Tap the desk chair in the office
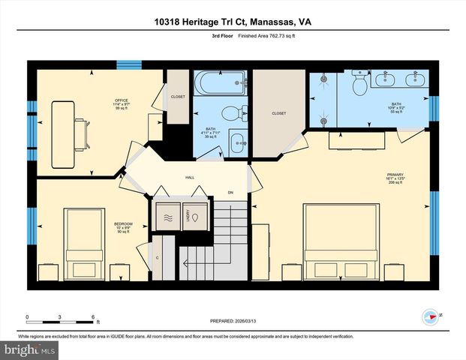[x=80, y=136]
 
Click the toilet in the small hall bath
[x=239, y=114]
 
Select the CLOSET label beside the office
[x=177, y=97]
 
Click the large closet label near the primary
[x=278, y=113]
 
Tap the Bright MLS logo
[x=30, y=349]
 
